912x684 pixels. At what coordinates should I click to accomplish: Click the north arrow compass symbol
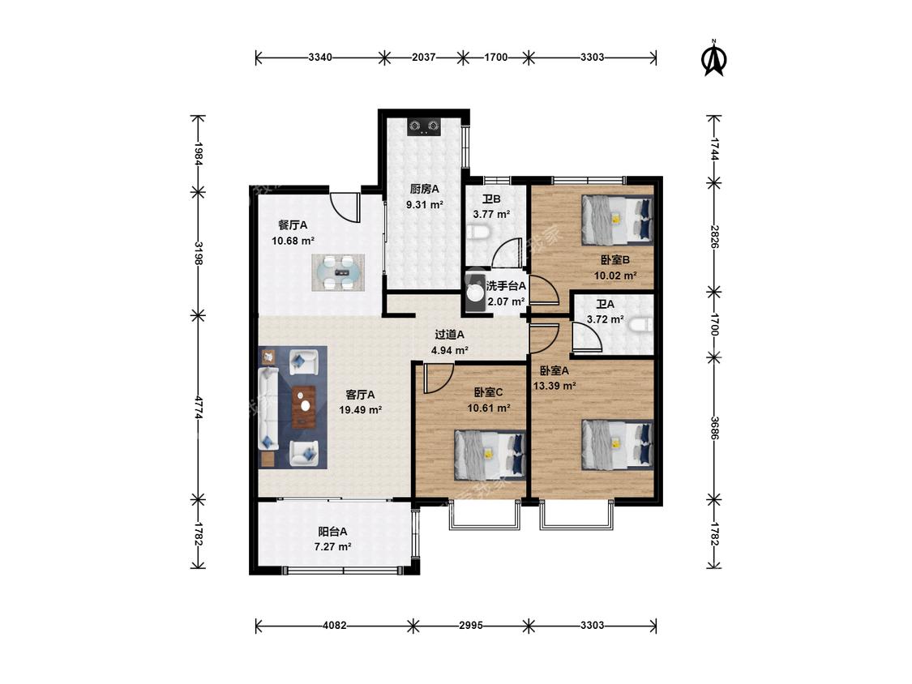tap(714, 58)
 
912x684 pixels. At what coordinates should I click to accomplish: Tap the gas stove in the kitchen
tap(424, 126)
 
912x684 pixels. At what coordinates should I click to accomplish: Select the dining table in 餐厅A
tap(338, 272)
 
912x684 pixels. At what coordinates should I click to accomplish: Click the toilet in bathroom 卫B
tap(480, 233)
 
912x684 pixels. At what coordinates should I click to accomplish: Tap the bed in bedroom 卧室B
tap(617, 220)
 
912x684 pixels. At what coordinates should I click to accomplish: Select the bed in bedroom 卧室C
tap(490, 454)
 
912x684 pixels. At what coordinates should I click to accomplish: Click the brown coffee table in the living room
tap(304, 407)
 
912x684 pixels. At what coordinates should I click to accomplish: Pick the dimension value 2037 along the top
tap(423, 57)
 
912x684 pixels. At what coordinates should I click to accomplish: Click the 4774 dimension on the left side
tap(199, 408)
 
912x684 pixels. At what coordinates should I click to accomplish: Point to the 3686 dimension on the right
tap(713, 428)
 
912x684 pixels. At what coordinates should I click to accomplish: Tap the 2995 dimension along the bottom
tap(470, 626)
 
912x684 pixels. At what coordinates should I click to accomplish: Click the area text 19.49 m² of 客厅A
tap(361, 409)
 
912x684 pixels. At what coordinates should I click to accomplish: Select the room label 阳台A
tap(332, 531)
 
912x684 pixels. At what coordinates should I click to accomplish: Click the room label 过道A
tap(450, 335)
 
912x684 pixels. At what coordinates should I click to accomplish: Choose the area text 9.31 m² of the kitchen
tap(425, 205)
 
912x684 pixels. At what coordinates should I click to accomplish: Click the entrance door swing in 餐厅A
tap(345, 207)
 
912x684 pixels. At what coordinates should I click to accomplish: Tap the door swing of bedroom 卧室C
tap(439, 378)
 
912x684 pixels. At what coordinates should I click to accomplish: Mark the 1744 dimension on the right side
tap(713, 149)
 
